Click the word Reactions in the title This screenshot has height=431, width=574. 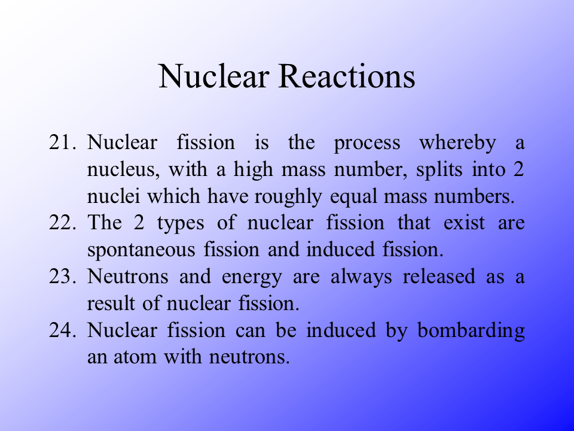(x=347, y=76)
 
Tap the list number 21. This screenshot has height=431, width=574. (x=63, y=142)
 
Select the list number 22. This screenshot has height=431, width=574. (x=63, y=223)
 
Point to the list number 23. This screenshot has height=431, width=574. (x=63, y=276)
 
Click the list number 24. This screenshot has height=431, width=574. (x=63, y=329)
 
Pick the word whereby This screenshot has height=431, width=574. (x=457, y=143)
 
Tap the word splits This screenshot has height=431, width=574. (x=439, y=170)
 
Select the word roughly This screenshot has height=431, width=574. (x=288, y=197)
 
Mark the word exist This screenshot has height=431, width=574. (x=464, y=223)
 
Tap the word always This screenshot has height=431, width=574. (x=361, y=277)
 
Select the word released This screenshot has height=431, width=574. (x=439, y=276)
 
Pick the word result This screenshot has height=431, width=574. (x=111, y=303)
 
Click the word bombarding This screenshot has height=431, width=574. (x=471, y=331)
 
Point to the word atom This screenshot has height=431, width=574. (x=135, y=357)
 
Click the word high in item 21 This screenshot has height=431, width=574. (x=254, y=171)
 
